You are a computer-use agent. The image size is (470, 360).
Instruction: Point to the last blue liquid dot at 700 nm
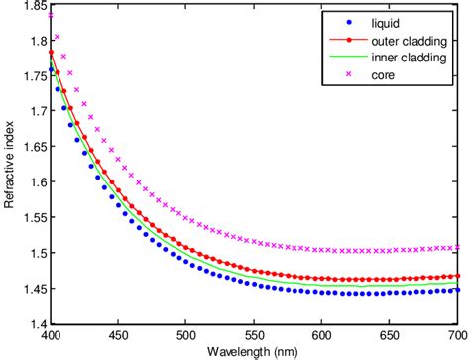tap(456, 290)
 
